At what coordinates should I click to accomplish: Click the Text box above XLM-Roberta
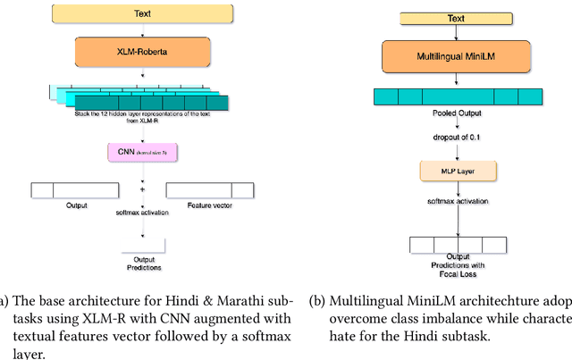tap(143, 14)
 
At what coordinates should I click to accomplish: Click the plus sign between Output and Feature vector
tap(143, 190)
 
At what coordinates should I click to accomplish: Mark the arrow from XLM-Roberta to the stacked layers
tap(143, 77)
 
